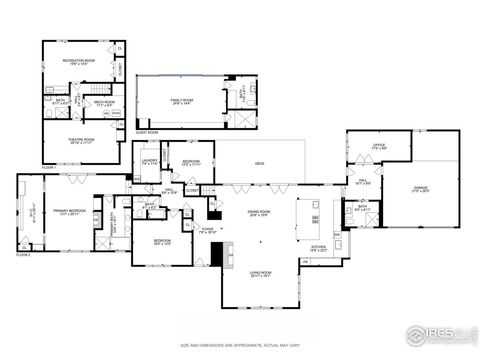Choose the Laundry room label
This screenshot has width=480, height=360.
(150, 161)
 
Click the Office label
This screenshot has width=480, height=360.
(378, 146)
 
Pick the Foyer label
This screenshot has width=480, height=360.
(208, 231)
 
